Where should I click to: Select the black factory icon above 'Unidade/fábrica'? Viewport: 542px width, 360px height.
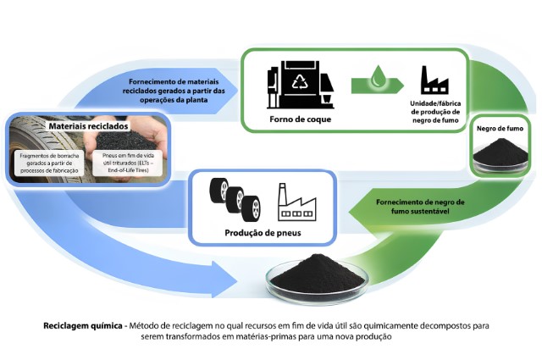click(436, 81)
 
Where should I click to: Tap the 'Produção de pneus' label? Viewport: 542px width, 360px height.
click(256, 231)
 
